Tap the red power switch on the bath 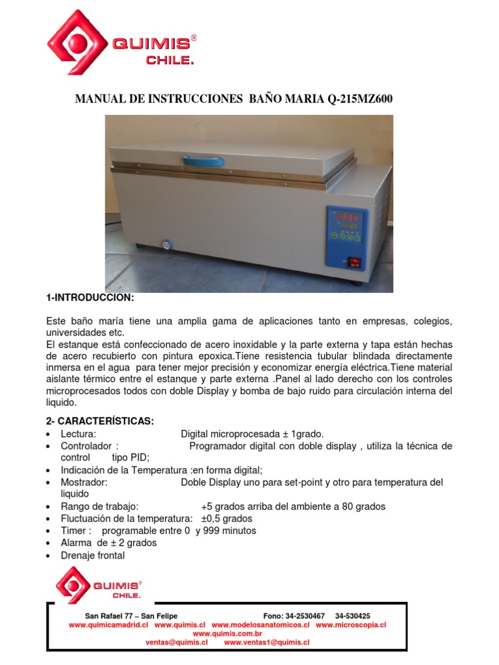(355, 262)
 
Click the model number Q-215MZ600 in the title (356, 99)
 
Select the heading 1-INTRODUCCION (90, 297)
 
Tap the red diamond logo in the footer (73, 584)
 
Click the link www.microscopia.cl (351, 624)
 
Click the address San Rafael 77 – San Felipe (131, 616)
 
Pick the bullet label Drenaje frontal (93, 555)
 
